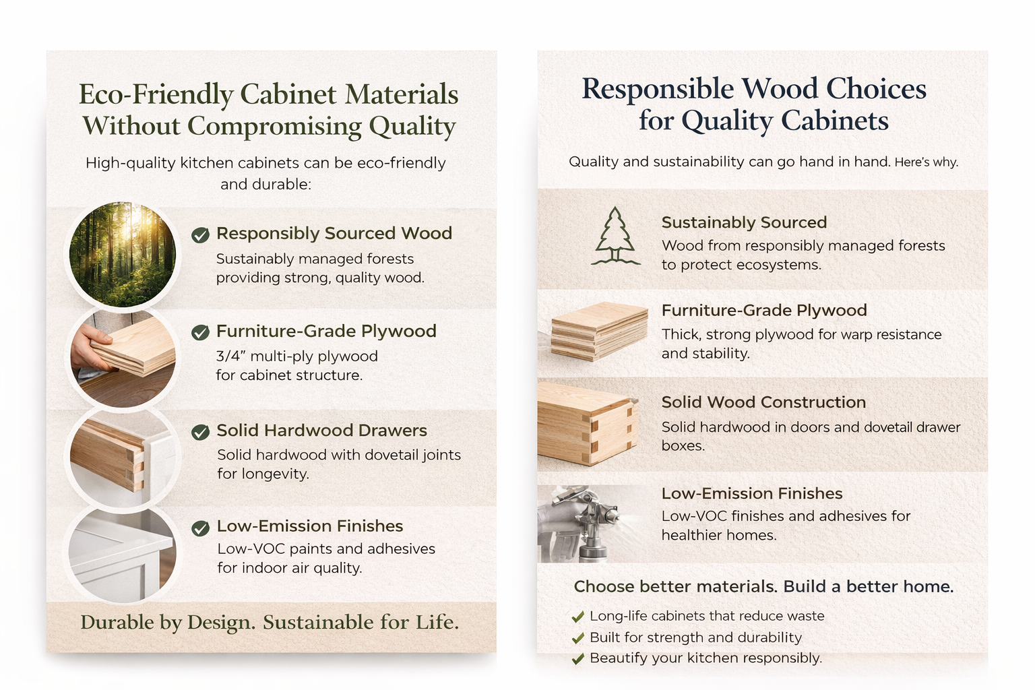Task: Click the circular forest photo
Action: coord(123,255)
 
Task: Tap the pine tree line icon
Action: coord(615,237)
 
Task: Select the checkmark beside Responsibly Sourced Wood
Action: coord(200,235)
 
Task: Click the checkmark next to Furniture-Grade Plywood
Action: coord(200,332)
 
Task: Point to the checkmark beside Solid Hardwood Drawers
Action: coord(200,432)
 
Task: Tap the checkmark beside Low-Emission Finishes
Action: coord(200,528)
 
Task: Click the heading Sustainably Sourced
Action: coord(744,222)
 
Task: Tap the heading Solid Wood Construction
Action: coord(763,402)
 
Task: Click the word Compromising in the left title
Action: coord(274,126)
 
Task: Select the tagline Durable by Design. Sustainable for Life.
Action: coord(270,622)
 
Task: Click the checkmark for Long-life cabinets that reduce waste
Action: coord(577,617)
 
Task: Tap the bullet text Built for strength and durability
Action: coord(695,637)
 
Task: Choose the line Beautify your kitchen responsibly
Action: coord(705,658)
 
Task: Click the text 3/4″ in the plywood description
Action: coord(230,356)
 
